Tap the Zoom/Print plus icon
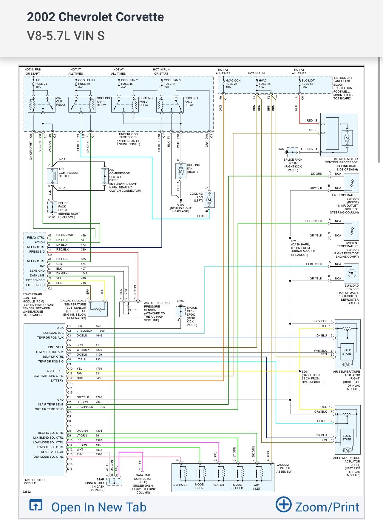283,504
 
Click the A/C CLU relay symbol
41,105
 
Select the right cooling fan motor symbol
180,172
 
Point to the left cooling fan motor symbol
209,200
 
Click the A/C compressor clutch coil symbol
52,176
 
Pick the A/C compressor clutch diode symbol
104,176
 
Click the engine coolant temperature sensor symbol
98,309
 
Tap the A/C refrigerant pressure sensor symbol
130,309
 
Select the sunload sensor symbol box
351,273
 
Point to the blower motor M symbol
347,138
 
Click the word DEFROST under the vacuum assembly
180,485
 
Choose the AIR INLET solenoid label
256,487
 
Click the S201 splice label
305,372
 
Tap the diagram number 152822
26,491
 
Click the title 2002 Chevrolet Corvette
95,17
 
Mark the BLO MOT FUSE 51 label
308,84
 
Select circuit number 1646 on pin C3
99,336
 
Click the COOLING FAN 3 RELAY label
191,102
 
